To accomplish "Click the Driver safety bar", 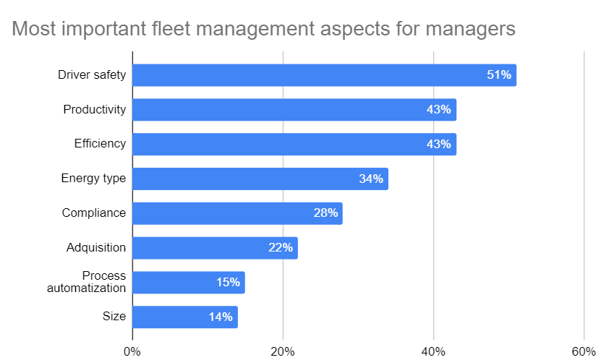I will coord(324,75).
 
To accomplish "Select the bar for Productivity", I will coord(294,110).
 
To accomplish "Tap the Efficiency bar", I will coord(294,144).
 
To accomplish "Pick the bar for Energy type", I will coord(260,179).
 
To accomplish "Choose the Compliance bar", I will coord(237,213).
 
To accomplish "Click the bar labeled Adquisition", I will coord(215,248).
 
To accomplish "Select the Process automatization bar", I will coord(188,283).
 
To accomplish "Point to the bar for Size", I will coord(184,317).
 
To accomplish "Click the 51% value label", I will coord(498,75).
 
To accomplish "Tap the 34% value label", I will coord(370,179).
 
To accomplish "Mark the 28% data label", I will coord(325,213).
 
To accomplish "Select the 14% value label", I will coord(220,317).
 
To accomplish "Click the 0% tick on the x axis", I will coord(132,351).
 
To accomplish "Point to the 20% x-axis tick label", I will coord(283,351).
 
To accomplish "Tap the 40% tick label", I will coord(433,351).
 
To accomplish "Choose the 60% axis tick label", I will coord(584,351).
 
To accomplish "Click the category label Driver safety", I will coord(92,75).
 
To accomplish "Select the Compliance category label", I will coord(94,213).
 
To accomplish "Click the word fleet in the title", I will coord(198,30).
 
